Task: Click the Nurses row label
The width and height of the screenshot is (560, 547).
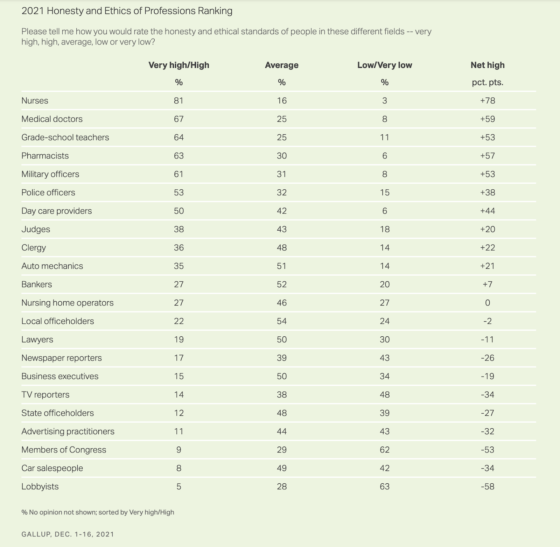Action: pos(35,101)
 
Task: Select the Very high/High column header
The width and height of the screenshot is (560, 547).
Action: pos(178,65)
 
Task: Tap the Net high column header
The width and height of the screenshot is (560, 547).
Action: pos(487,65)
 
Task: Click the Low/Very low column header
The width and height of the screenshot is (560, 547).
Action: pos(384,65)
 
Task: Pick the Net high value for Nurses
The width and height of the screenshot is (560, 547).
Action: pos(487,101)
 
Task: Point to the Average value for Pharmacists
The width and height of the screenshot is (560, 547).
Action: pos(281,156)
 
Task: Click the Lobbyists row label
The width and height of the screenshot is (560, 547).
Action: pos(40,486)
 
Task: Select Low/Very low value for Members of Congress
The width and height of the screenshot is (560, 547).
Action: pos(384,450)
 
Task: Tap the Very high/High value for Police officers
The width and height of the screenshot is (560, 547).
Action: pos(178,192)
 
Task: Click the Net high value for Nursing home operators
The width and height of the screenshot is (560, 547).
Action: pos(487,303)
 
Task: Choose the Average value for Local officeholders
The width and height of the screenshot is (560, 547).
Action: pos(281,321)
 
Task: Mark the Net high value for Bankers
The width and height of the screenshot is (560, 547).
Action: pos(487,285)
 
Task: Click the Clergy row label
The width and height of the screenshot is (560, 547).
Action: pos(34,248)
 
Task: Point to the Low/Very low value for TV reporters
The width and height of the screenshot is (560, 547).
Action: pos(384,395)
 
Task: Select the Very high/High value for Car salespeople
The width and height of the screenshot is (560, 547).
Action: pos(178,468)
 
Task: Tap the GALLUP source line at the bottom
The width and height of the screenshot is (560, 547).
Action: pos(68,534)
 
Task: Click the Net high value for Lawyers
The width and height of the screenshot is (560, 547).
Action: pos(487,339)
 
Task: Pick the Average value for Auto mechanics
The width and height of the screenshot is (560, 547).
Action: pos(281,266)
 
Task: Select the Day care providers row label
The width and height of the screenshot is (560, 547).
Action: pos(56,211)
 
